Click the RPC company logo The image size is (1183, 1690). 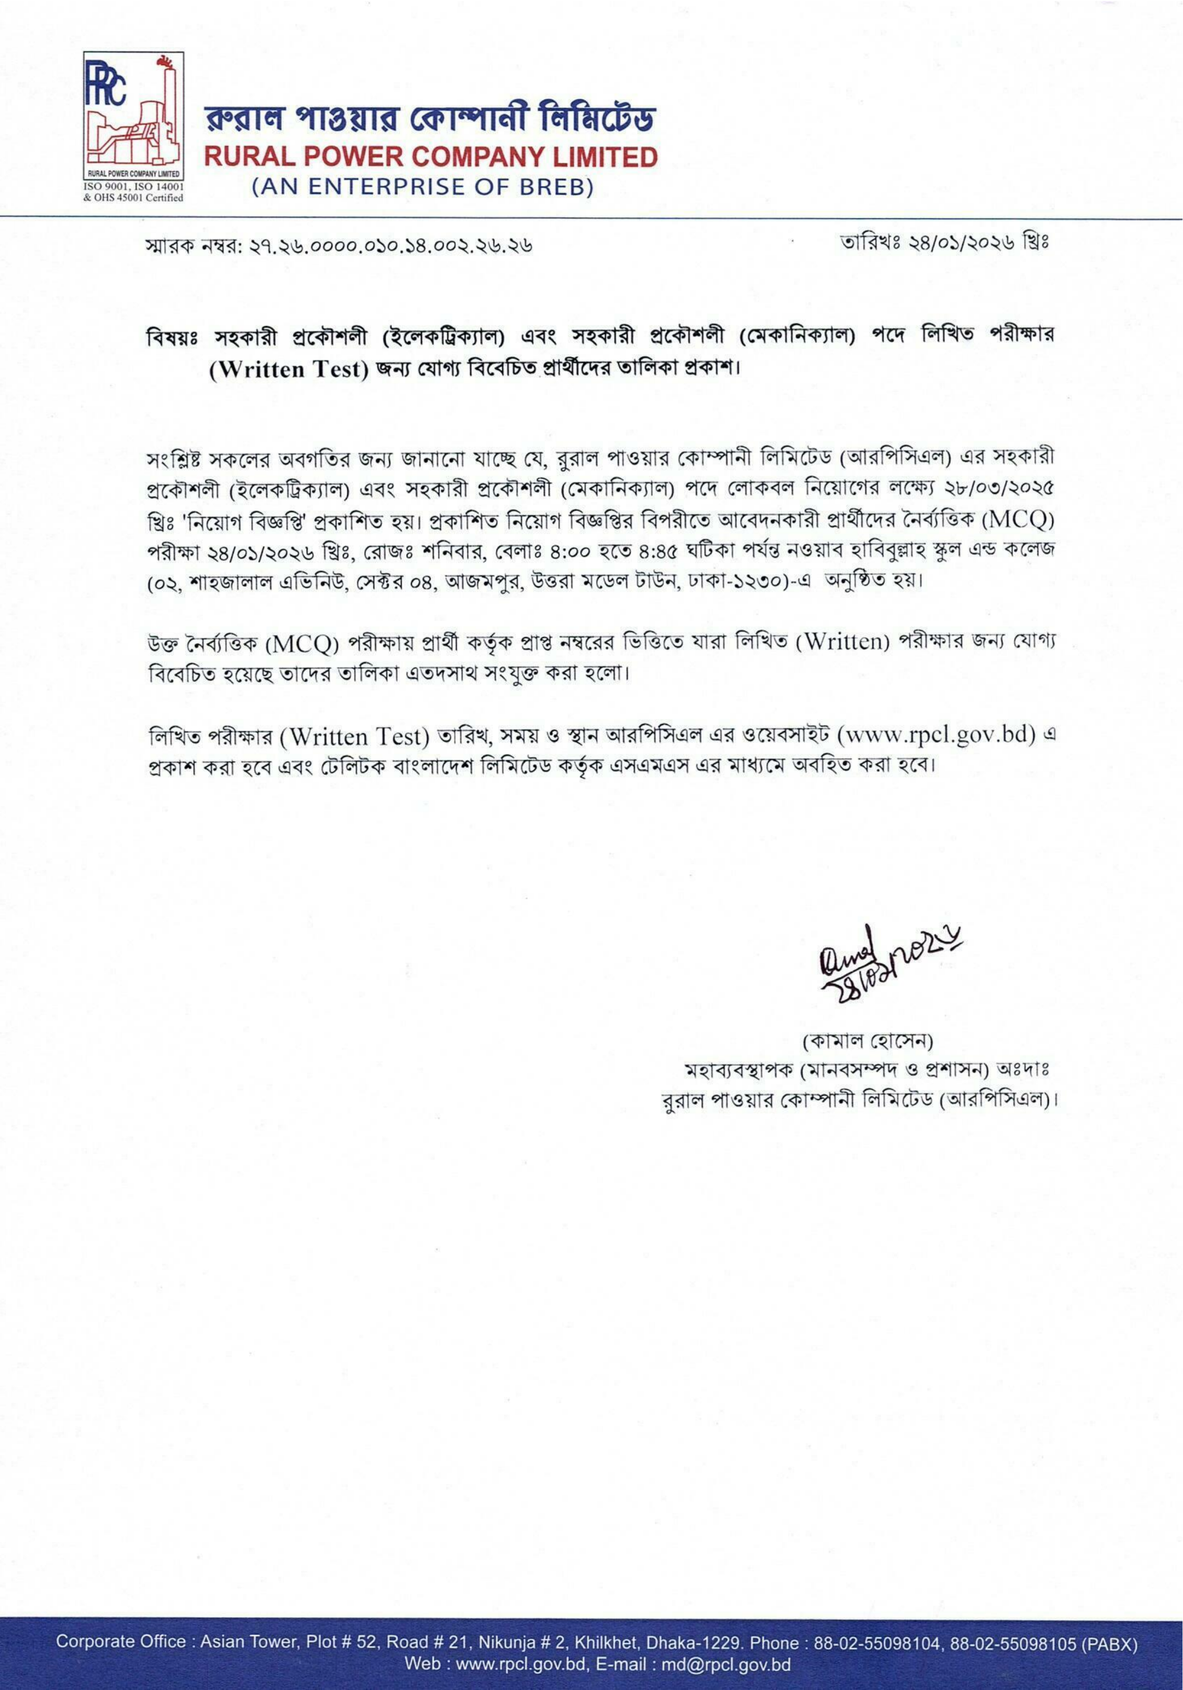pyautogui.click(x=132, y=118)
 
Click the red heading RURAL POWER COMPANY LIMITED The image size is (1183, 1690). pyautogui.click(x=431, y=157)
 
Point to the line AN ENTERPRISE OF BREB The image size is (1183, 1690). pyautogui.click(x=422, y=188)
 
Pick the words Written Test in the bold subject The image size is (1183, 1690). pyautogui.click(x=289, y=369)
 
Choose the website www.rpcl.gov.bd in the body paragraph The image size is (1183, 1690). pyautogui.click(x=936, y=735)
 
